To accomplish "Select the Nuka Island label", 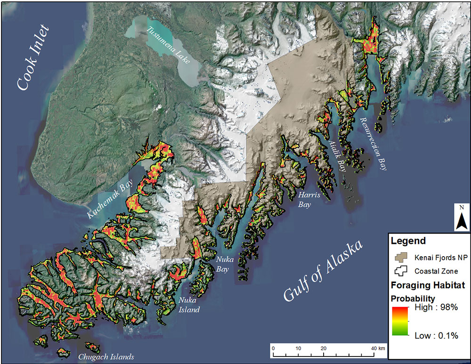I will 188,305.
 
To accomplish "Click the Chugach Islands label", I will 107,356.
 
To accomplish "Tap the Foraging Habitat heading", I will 428,285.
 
